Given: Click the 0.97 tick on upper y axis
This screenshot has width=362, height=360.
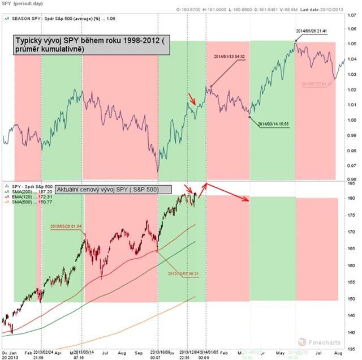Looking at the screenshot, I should click(x=351, y=165).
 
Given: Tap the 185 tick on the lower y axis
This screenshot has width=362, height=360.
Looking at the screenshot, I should click(x=351, y=183).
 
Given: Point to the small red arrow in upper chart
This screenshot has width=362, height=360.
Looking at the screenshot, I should click(x=192, y=100).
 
